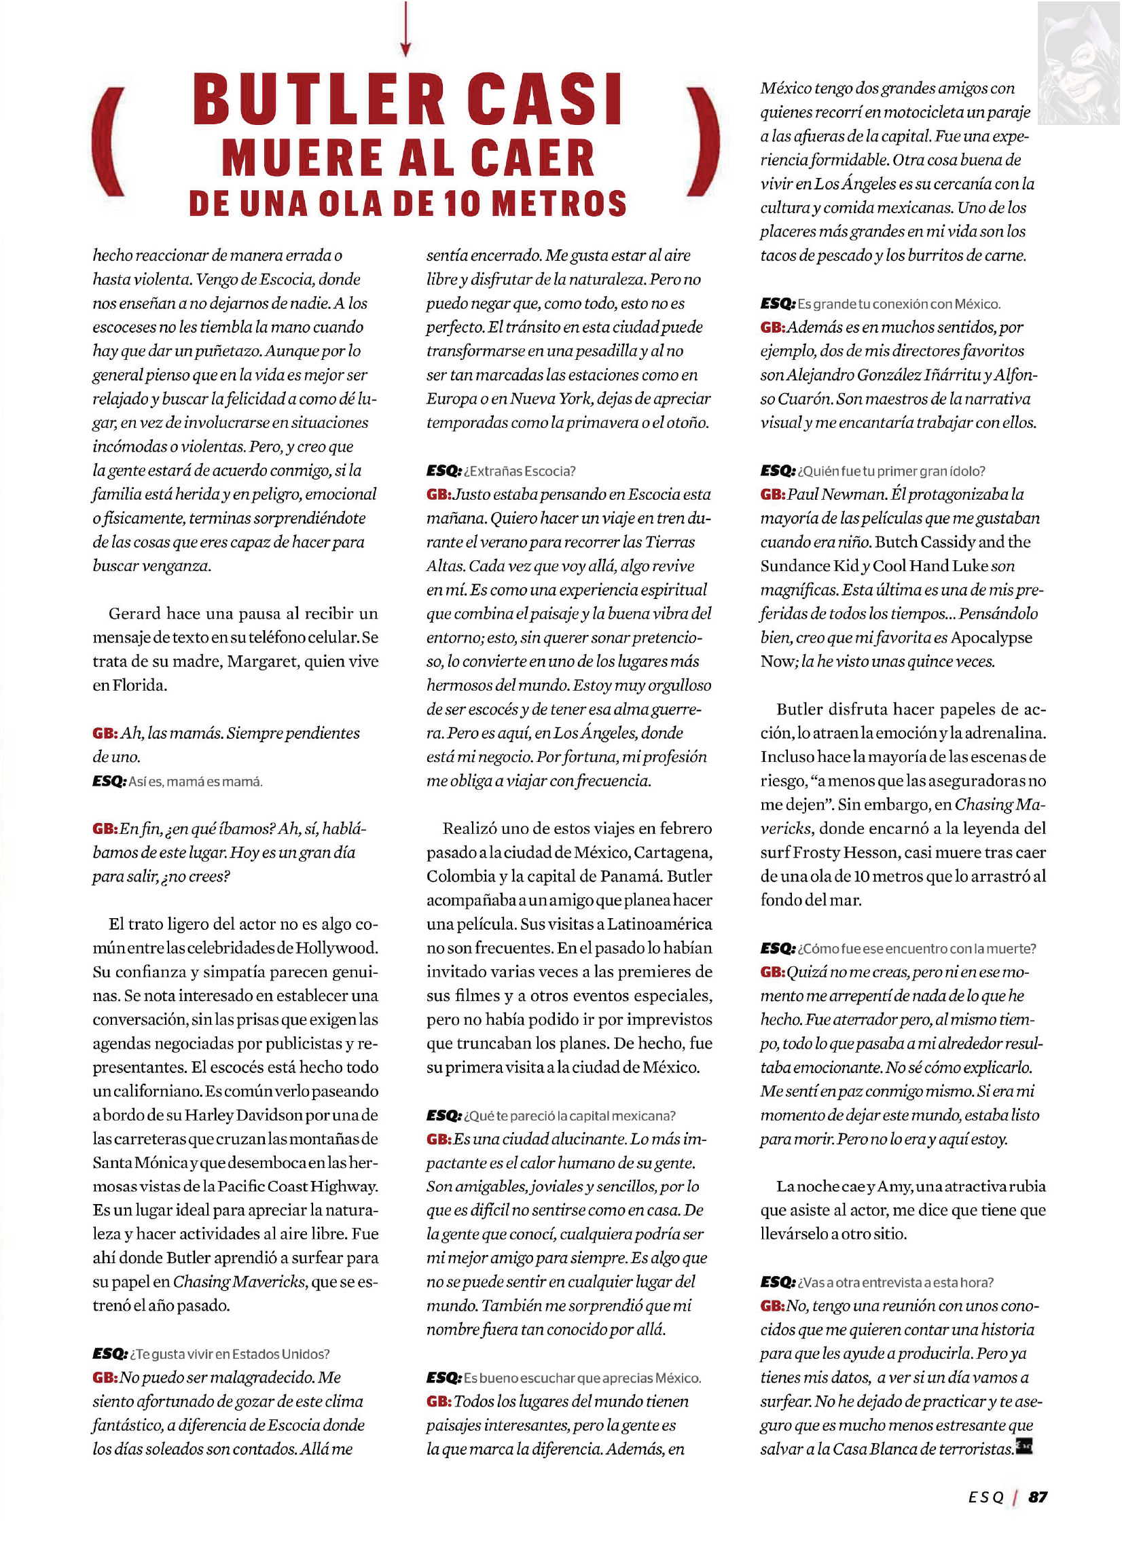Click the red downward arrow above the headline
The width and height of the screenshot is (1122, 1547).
pos(405,29)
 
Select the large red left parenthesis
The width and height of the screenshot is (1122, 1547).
pos(109,142)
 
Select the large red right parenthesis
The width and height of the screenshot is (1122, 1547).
pos(704,142)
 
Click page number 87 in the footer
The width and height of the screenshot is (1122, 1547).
pos(1037,1497)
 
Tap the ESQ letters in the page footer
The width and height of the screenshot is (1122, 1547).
pos(985,1497)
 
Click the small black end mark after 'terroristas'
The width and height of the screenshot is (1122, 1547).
pos(1024,1445)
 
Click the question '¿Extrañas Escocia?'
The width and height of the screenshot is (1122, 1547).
pos(520,471)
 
